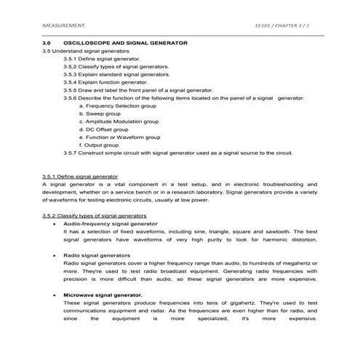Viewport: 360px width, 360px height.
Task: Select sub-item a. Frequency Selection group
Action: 116,105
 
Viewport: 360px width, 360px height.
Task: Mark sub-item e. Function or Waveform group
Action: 119,137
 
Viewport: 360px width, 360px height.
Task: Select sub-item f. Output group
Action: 100,145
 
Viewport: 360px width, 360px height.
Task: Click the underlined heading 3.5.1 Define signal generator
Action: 80,177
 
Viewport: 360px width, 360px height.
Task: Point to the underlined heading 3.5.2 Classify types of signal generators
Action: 95,216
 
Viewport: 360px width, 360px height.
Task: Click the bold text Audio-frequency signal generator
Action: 111,224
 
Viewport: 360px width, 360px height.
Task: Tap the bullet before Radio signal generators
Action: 55,256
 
